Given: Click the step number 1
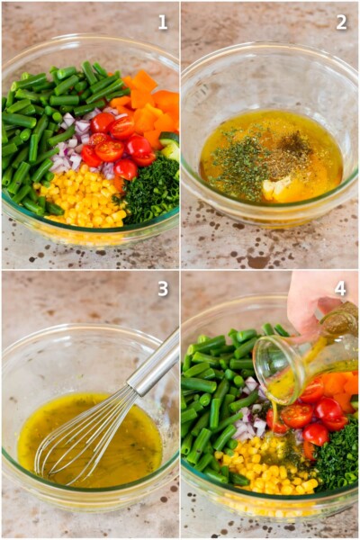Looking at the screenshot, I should click(x=162, y=22).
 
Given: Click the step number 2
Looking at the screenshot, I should click(x=341, y=22).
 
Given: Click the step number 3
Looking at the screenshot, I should click(x=162, y=289).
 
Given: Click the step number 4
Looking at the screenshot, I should click(x=341, y=289).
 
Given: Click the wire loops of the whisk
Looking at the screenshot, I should click(x=76, y=441).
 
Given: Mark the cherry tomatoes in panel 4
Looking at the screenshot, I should click(x=306, y=414).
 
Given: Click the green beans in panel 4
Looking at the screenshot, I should click(x=211, y=405).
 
